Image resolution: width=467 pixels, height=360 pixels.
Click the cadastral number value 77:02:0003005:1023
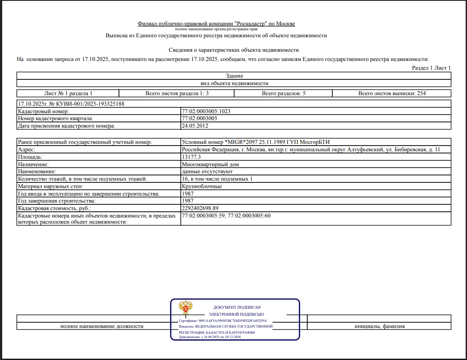[x=206, y=111]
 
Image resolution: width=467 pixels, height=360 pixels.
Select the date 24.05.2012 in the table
[x=195, y=126]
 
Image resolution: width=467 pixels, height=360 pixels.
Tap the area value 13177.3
[x=191, y=157]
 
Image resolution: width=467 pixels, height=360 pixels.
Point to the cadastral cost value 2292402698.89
[x=200, y=208]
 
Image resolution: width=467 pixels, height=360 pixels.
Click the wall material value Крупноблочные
[x=201, y=186]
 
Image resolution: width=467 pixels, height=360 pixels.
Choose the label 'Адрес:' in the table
[x=26, y=150]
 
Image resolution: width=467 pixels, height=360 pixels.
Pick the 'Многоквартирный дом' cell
[x=210, y=164]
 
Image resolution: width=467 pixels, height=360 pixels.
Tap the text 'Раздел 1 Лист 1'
[x=431, y=68]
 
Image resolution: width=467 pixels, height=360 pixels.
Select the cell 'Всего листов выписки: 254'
[x=392, y=93]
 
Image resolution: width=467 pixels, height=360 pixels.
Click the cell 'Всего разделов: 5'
[x=283, y=93]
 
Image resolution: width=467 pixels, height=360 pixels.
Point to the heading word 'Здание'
[x=233, y=76]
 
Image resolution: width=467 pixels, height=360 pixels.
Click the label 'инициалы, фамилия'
[x=379, y=326]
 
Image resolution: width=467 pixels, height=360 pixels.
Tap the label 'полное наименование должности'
[x=102, y=326]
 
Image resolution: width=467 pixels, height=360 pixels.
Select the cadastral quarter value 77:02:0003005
[x=200, y=118]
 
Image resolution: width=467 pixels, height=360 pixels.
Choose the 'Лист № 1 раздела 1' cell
[x=68, y=93]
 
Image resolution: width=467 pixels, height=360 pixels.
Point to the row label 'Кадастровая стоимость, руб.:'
[x=54, y=208]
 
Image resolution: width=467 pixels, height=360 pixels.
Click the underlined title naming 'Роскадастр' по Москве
[x=216, y=24]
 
